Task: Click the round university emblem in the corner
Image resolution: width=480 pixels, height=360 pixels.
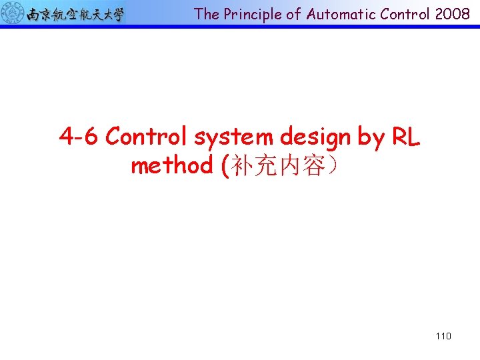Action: (12, 13)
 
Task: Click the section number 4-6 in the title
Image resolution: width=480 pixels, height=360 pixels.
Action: (79, 137)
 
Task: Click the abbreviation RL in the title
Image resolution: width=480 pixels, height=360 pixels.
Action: (406, 137)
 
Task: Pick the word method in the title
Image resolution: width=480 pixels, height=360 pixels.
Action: (171, 165)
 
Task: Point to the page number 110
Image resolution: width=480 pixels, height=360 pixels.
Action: (443, 336)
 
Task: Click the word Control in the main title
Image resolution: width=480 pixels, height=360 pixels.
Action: (147, 137)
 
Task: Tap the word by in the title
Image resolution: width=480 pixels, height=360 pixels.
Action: (371, 137)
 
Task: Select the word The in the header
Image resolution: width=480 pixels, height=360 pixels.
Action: (207, 14)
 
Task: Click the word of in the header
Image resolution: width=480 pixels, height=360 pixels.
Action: (294, 14)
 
